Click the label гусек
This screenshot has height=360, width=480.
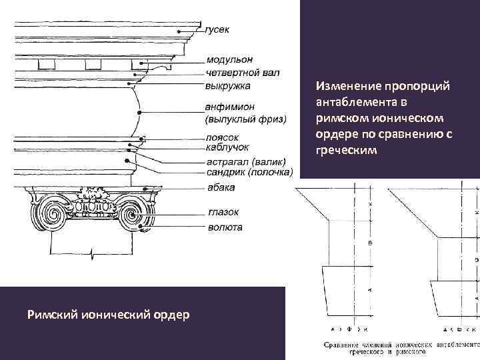pyautogui.click(x=218, y=30)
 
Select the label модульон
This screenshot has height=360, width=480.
pyautogui.click(x=229, y=61)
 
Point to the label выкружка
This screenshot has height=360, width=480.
pyautogui.click(x=228, y=85)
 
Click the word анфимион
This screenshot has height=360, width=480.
pyautogui.click(x=231, y=108)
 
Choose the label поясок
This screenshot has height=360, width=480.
pyautogui.click(x=222, y=138)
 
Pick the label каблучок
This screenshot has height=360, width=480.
pyautogui.click(x=227, y=147)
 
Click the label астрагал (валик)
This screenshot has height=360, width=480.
pyautogui.click(x=246, y=162)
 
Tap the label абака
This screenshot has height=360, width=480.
pyautogui.click(x=220, y=187)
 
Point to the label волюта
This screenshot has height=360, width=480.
pyautogui.click(x=224, y=227)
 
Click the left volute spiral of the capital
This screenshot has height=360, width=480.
pyautogui.click(x=51, y=216)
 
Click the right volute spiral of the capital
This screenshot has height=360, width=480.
pyautogui.click(x=131, y=216)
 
